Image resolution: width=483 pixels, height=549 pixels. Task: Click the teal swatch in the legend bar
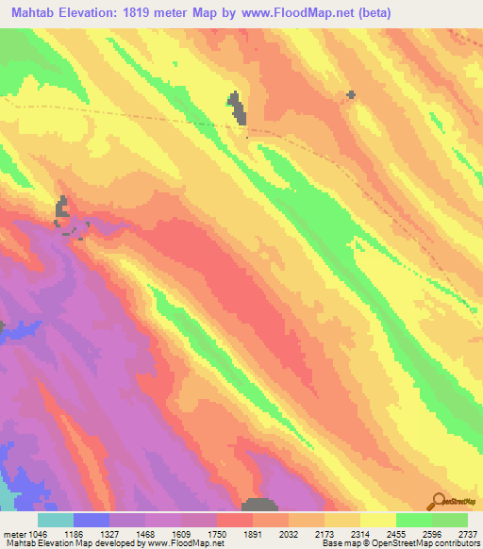(56, 519)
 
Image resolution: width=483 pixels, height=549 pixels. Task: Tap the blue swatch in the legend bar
(92, 519)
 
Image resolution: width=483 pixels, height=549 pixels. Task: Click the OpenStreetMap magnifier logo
(439, 502)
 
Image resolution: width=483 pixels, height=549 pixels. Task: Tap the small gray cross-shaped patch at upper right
(351, 94)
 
